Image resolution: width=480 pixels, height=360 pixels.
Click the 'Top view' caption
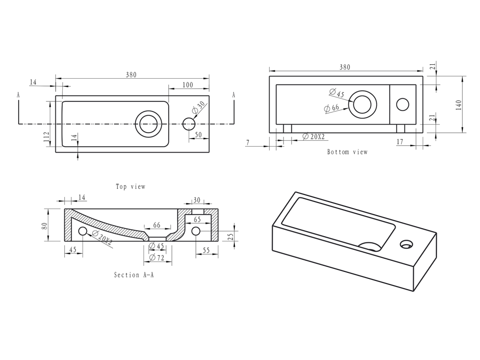[130, 187]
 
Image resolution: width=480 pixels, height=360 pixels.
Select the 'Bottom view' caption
[347, 152]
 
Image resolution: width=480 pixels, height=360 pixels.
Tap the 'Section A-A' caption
[134, 275]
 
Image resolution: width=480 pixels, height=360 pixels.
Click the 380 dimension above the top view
[131, 75]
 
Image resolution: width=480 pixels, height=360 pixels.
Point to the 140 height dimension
[458, 105]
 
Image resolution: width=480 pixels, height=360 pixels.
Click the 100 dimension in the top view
[187, 85]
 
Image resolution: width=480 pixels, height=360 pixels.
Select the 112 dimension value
[46, 137]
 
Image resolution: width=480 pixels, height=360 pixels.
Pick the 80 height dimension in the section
[45, 226]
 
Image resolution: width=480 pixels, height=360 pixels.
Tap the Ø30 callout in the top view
[198, 108]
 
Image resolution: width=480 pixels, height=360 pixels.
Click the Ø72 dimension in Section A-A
[157, 258]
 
